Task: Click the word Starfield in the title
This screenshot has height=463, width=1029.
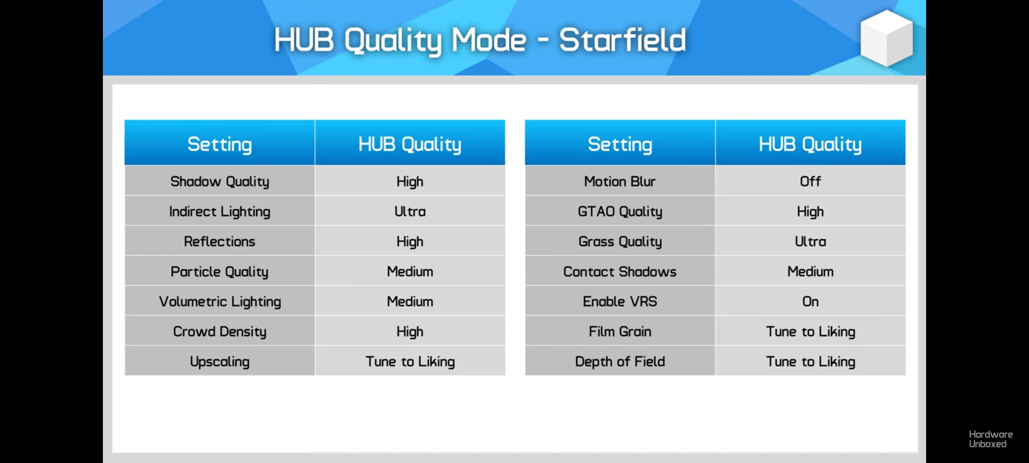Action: click(x=622, y=40)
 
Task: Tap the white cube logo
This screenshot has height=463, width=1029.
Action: click(x=887, y=39)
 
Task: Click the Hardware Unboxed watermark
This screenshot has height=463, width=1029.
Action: click(x=991, y=439)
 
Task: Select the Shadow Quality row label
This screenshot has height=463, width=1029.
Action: click(x=220, y=182)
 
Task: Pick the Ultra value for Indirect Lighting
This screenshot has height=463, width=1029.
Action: click(x=410, y=211)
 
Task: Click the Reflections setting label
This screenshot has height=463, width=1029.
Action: click(x=220, y=241)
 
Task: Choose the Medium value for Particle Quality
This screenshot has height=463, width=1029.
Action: click(x=410, y=271)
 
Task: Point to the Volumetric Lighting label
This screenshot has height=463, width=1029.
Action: click(x=220, y=302)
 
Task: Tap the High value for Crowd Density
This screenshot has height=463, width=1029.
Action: click(x=410, y=332)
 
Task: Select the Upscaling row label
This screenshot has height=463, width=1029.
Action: click(x=220, y=362)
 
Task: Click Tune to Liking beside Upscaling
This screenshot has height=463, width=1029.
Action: click(x=410, y=362)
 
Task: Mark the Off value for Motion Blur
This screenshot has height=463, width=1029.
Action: click(x=810, y=181)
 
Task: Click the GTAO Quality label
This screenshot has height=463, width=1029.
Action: click(x=620, y=212)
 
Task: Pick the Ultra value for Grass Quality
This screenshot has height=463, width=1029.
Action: click(x=810, y=241)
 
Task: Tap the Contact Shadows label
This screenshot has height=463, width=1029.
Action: click(x=620, y=271)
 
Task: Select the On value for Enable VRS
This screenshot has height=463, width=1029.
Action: click(x=810, y=301)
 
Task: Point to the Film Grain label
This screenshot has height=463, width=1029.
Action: click(x=620, y=331)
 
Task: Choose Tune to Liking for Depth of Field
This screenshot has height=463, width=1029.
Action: click(x=811, y=362)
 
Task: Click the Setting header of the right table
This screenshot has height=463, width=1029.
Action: click(x=620, y=144)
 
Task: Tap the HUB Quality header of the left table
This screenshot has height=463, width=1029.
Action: click(x=410, y=144)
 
